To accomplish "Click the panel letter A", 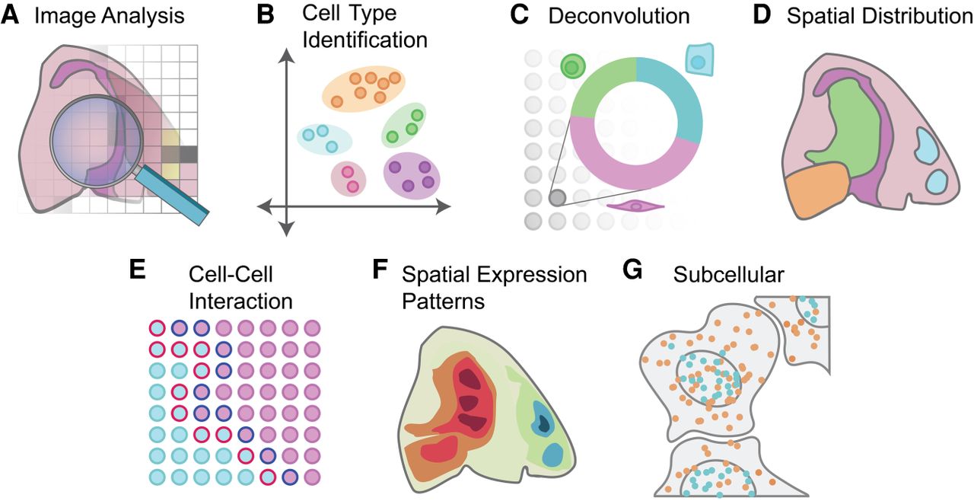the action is [10, 15].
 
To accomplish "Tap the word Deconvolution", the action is [619, 16].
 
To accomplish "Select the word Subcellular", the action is [729, 275].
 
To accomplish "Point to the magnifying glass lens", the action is [97, 141].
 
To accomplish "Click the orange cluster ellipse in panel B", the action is [364, 89].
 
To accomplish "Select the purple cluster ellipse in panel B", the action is [412, 176].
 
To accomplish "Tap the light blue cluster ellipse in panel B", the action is [324, 139].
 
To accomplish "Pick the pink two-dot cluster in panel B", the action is [349, 179].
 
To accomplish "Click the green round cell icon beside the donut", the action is [573, 66].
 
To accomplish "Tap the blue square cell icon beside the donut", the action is [699, 60].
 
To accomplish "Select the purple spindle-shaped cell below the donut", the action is [635, 206].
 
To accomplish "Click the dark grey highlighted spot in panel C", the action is [558, 198].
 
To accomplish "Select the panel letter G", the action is [632, 270].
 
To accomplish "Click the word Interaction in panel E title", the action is [241, 302].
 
